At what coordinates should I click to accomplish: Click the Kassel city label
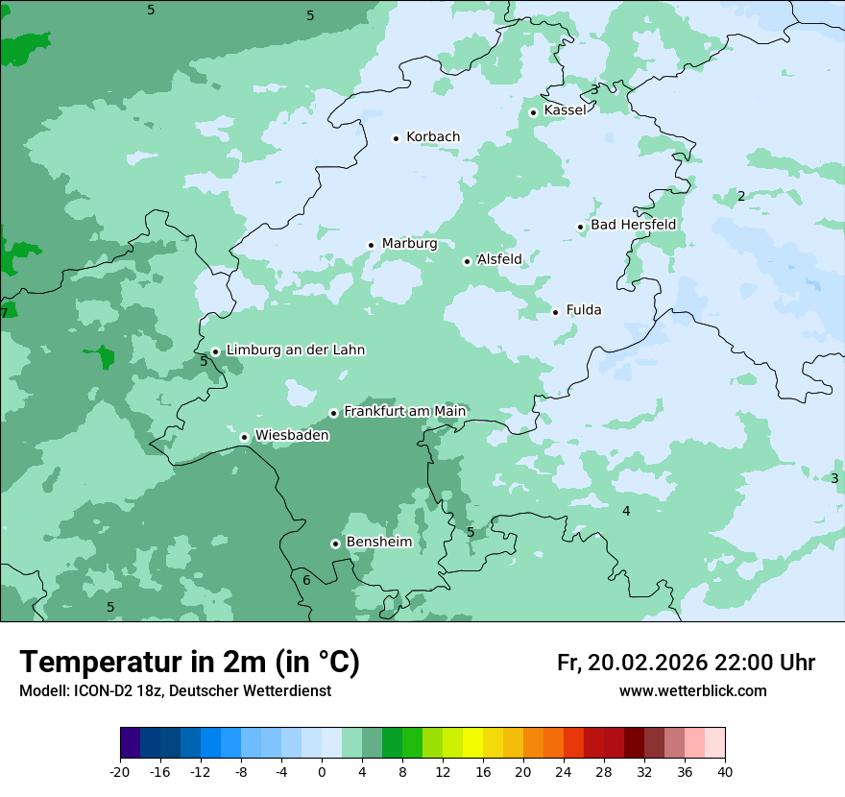(565, 110)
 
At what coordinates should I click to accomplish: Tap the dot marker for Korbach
(396, 138)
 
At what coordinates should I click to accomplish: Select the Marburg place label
(409, 244)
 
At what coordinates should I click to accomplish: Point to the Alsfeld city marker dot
(467, 261)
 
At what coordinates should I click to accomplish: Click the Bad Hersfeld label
(633, 225)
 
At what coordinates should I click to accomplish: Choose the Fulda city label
(584, 310)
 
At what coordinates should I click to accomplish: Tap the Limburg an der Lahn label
(295, 350)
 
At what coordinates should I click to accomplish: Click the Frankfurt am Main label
(404, 411)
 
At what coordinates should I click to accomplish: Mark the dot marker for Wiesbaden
(245, 438)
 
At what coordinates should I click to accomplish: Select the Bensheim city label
(378, 543)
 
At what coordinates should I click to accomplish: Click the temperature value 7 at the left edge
(5, 313)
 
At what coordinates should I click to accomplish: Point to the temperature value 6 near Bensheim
(306, 580)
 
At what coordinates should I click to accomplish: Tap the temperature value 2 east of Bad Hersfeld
(740, 196)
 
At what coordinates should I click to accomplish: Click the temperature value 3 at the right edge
(834, 478)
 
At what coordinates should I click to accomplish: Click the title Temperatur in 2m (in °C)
(189, 663)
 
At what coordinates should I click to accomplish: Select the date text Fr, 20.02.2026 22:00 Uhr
(686, 663)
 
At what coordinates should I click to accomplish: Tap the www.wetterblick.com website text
(692, 691)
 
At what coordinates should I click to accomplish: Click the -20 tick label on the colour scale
(120, 772)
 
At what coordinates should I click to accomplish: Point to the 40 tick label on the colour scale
(724, 772)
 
